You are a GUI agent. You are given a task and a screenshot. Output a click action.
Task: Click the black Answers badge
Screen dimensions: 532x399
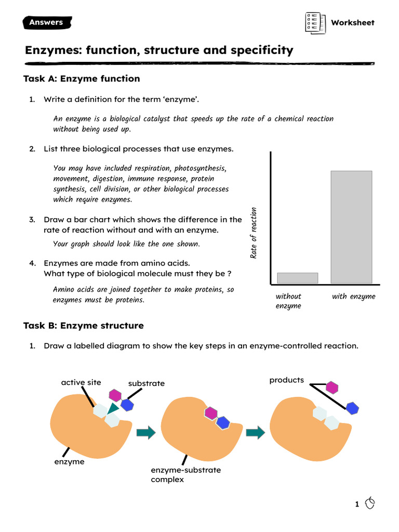(47, 22)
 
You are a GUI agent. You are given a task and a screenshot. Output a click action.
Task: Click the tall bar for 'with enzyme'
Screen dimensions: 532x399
(351, 227)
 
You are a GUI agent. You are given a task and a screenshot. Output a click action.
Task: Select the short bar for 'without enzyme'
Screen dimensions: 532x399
(297, 278)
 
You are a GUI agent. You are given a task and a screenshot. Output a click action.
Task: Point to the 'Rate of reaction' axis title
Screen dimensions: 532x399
(254, 233)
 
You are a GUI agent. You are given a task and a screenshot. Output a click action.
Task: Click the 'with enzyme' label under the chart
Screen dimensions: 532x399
(353, 296)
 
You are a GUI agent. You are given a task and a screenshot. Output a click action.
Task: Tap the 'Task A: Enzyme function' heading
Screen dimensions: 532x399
(82, 78)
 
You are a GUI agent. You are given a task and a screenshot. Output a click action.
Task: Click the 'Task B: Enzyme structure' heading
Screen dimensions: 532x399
(83, 326)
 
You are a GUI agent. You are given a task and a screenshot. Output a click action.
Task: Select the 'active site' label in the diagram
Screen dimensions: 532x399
(81, 382)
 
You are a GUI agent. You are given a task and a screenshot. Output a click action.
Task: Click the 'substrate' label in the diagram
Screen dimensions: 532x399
(147, 383)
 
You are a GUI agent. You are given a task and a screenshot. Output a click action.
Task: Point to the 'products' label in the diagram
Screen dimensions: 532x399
(286, 380)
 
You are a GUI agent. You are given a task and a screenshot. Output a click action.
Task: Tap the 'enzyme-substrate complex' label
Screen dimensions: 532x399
(185, 474)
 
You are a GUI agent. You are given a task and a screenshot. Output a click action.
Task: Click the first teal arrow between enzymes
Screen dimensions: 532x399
(146, 432)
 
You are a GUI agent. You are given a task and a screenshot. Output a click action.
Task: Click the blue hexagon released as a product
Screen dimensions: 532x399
(353, 408)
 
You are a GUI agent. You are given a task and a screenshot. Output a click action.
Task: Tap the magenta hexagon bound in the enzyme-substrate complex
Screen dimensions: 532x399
(210, 413)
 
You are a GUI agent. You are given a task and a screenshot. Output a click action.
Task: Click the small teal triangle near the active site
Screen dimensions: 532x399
(112, 408)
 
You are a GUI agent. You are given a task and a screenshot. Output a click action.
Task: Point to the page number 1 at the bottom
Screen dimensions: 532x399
(357, 504)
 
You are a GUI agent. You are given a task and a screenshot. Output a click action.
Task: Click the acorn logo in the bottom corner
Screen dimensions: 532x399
(370, 503)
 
